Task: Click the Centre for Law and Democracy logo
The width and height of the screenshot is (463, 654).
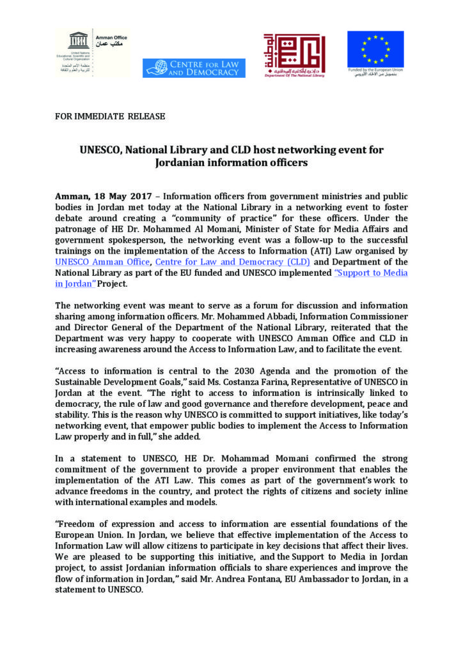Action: tap(194, 68)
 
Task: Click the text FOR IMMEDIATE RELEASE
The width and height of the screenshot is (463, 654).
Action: tap(110, 117)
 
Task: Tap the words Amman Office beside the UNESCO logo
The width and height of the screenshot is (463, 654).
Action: tap(111, 38)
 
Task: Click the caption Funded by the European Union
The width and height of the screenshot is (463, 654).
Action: tap(376, 70)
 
